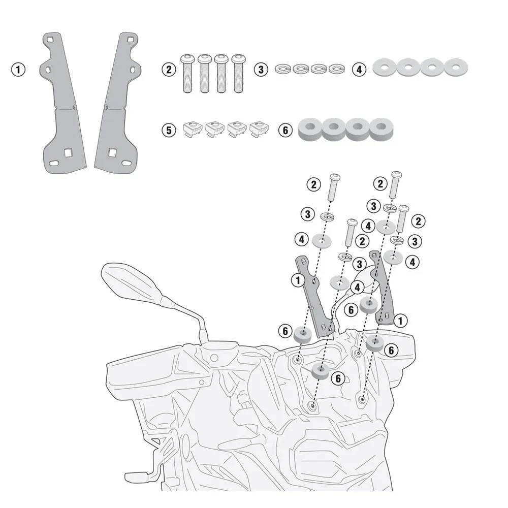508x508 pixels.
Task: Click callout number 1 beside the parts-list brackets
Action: [18, 70]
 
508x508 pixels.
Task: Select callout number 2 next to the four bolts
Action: [169, 70]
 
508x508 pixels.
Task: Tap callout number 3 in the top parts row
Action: [261, 70]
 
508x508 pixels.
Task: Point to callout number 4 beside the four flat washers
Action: [359, 70]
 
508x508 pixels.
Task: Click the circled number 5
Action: [169, 130]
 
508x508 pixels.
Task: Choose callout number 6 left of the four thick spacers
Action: [285, 130]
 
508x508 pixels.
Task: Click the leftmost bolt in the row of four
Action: [187, 74]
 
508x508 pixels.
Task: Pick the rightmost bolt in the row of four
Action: [238, 74]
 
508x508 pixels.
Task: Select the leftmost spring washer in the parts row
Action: [283, 69]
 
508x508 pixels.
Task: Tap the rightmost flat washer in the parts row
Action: [456, 67]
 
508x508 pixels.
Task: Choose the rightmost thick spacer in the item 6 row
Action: [382, 129]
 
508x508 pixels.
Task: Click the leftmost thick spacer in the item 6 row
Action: [310, 129]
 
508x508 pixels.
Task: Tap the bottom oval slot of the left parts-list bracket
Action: [55, 163]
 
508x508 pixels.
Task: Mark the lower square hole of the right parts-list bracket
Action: [112, 152]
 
